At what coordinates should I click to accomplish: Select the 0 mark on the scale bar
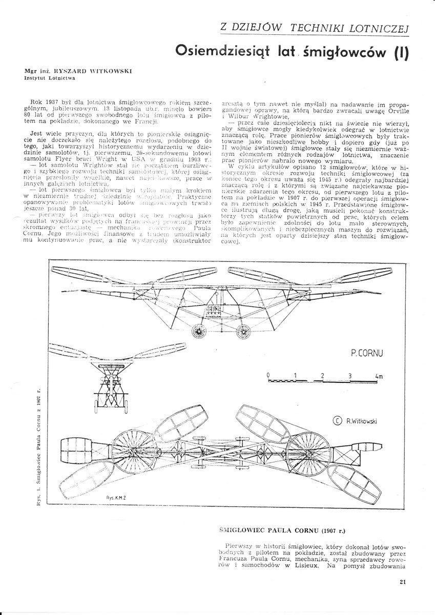(268, 375)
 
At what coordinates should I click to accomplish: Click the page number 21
(401, 581)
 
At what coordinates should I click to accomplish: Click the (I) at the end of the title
(399, 51)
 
